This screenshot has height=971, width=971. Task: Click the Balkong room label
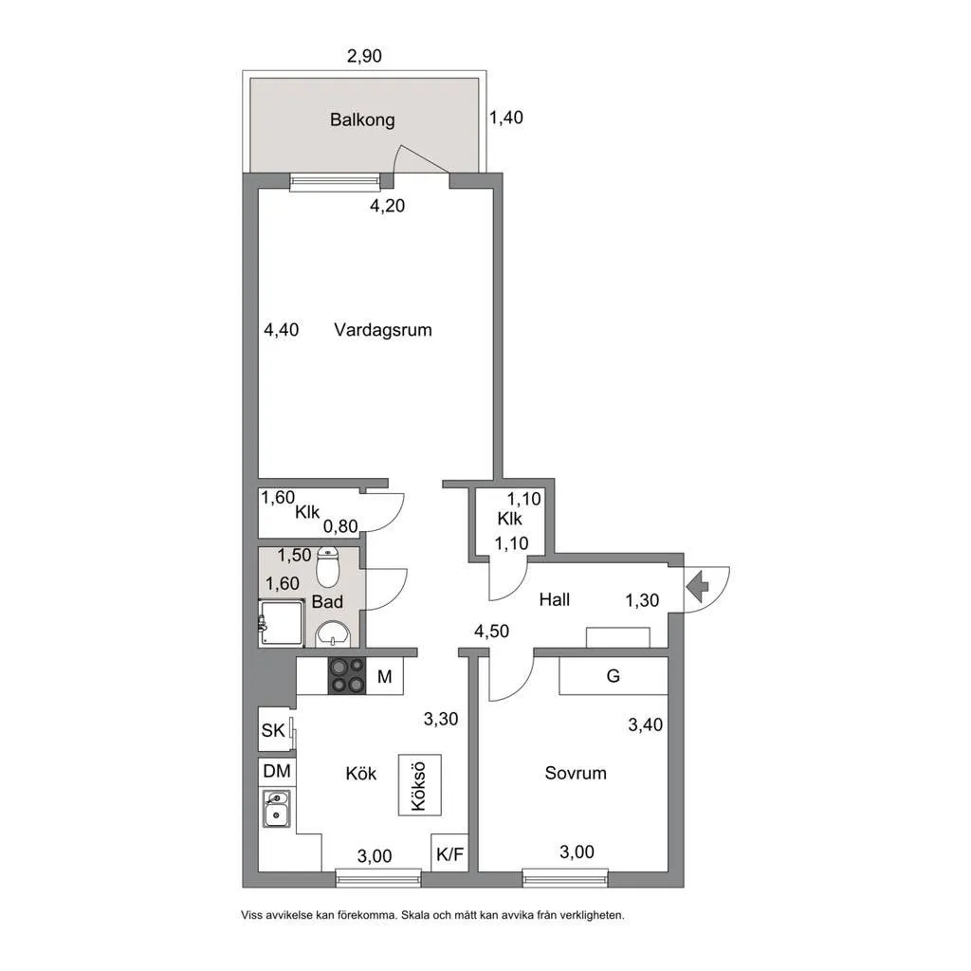tap(362, 119)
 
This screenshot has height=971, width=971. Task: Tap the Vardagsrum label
tap(383, 329)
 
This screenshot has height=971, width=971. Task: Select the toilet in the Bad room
tap(327, 567)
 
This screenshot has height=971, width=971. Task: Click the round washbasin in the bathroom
tap(333, 634)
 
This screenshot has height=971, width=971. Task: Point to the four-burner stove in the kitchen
tap(347, 675)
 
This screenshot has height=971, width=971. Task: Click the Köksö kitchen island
tap(420, 784)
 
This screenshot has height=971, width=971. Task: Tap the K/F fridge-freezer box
tap(449, 853)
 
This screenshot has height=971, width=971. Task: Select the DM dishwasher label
tap(277, 771)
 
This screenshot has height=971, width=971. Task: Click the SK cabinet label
tap(273, 731)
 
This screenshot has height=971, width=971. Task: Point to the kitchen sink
tap(277, 808)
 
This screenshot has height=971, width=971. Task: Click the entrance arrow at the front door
tap(697, 586)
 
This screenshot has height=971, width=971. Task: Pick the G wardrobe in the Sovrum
tap(614, 675)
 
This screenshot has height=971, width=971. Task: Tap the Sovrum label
tap(576, 773)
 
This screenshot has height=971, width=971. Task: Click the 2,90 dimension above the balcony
tap(364, 56)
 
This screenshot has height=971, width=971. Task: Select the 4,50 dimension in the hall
tap(492, 632)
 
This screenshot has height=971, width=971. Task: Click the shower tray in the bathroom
tap(282, 623)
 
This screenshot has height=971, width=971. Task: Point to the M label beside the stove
tap(385, 677)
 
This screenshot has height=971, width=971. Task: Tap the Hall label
tap(554, 599)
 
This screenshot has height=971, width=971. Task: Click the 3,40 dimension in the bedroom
tap(645, 724)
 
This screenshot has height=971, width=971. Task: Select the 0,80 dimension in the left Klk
tap(340, 526)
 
